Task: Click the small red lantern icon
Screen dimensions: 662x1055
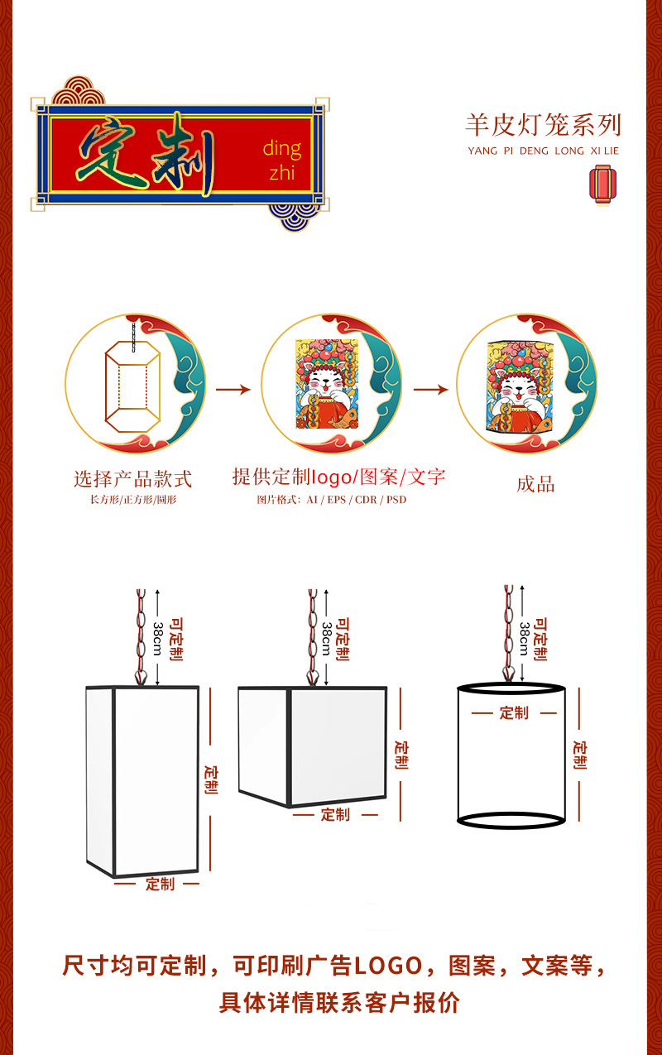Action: click(x=602, y=185)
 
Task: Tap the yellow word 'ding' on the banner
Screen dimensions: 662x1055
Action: click(x=281, y=149)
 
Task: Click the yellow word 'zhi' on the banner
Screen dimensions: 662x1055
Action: click(x=281, y=172)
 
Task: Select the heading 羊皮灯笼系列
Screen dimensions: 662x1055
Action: click(x=544, y=125)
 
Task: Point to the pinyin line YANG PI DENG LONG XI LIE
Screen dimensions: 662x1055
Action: click(x=544, y=151)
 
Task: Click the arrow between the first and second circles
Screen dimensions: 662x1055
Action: click(x=233, y=390)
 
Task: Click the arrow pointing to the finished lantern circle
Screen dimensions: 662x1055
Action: click(x=430, y=390)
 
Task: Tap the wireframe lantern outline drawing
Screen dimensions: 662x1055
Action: click(x=133, y=381)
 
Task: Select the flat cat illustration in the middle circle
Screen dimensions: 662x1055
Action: click(x=327, y=384)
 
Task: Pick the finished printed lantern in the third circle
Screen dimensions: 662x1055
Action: click(x=521, y=386)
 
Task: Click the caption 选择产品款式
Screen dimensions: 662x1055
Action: click(x=133, y=479)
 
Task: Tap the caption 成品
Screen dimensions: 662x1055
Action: click(x=535, y=484)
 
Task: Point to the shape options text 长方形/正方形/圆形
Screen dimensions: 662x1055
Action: click(x=133, y=500)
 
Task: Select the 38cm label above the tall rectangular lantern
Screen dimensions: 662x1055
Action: click(x=158, y=639)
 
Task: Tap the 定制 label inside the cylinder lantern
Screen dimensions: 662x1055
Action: click(x=514, y=713)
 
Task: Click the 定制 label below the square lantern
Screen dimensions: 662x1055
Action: click(x=335, y=814)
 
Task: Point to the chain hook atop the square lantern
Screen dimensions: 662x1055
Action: click(x=313, y=678)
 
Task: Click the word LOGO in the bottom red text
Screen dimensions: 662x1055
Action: click(x=388, y=966)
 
